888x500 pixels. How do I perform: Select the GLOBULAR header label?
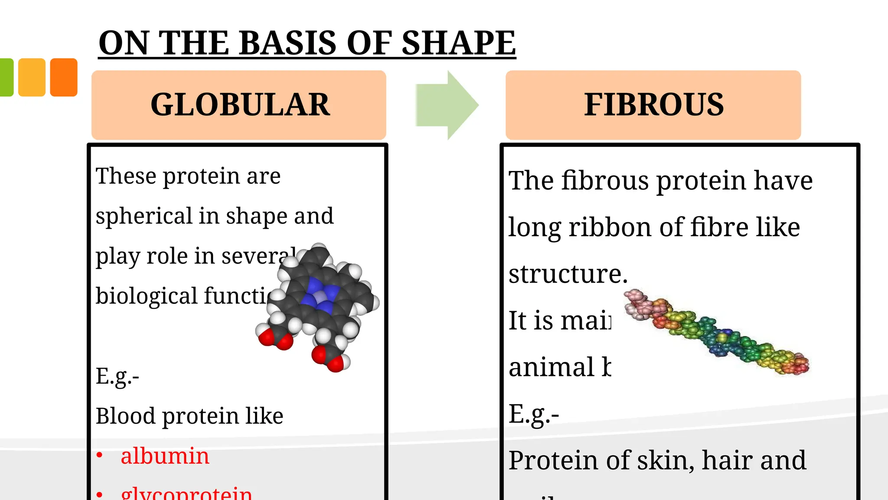tap(240, 105)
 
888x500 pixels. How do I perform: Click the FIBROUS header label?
tap(653, 105)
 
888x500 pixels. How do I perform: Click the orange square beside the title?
tap(64, 77)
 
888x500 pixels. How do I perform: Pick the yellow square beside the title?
tap(32, 77)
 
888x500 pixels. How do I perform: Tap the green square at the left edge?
tap(6, 77)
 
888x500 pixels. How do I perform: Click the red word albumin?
tap(165, 456)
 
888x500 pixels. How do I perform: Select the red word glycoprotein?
tap(186, 494)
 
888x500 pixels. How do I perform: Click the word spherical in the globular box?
tap(144, 216)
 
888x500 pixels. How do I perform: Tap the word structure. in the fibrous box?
tap(568, 274)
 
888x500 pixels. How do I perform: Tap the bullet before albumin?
tap(100, 455)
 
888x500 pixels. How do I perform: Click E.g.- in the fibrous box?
tap(534, 414)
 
